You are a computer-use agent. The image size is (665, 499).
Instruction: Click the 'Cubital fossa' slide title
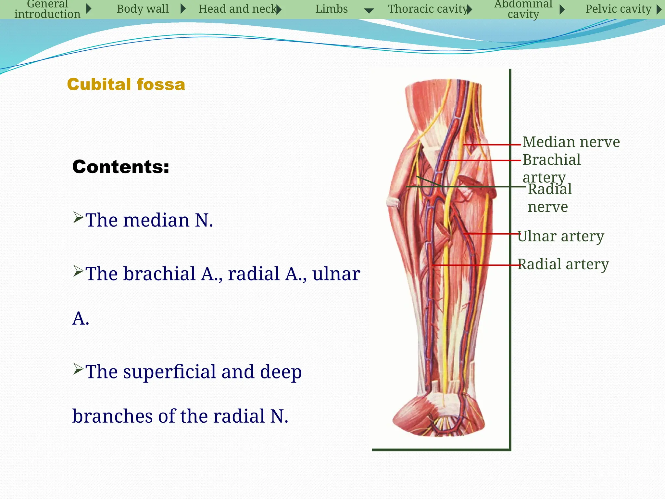click(x=126, y=84)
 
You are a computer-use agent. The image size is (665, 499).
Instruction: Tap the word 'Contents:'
click(x=121, y=167)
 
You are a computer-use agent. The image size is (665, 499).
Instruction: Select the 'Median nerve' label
click(x=571, y=142)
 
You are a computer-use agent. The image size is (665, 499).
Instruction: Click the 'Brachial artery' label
click(x=551, y=168)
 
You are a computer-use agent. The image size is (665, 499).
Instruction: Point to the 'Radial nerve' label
click(x=549, y=198)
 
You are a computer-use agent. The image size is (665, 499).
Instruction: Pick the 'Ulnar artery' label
click(x=560, y=236)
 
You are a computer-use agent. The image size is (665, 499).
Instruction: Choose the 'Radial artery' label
click(x=563, y=264)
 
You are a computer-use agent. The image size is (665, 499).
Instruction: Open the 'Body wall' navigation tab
click(x=143, y=9)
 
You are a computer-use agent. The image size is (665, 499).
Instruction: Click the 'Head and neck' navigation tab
click(x=238, y=9)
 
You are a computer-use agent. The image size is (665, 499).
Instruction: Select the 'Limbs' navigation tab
click(x=331, y=9)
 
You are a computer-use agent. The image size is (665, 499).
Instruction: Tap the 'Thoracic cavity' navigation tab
click(x=428, y=9)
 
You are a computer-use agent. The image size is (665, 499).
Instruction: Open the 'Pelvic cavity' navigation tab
click(x=618, y=9)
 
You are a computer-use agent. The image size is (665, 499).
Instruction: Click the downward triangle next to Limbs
click(x=369, y=11)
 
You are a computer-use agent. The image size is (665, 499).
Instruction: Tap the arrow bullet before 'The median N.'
click(x=78, y=217)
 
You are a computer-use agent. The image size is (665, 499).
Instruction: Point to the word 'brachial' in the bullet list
click(x=159, y=274)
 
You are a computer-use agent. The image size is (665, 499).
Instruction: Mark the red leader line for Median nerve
click(x=492, y=145)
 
